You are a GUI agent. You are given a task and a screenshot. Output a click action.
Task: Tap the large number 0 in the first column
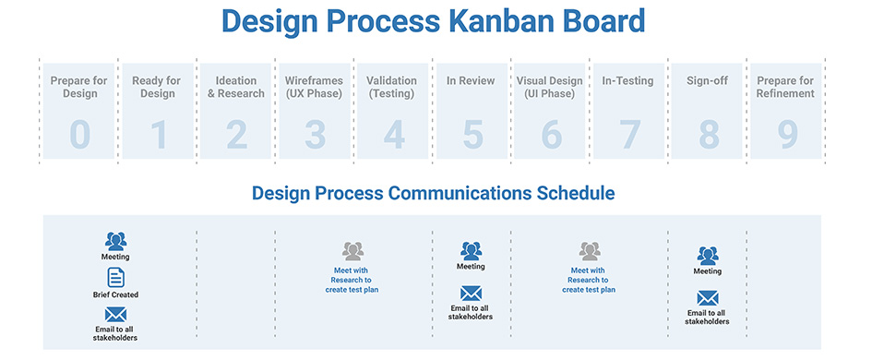(x=79, y=135)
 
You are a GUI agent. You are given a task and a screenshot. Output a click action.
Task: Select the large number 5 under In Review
(x=472, y=135)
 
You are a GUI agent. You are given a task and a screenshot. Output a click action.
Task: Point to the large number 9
(x=787, y=135)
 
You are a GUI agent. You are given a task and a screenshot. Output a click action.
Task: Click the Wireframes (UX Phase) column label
(x=315, y=88)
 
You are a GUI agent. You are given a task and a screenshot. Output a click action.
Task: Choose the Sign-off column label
(x=708, y=81)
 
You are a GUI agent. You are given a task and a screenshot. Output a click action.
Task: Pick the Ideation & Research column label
(x=236, y=88)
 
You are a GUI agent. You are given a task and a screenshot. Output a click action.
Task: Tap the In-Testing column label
(x=627, y=81)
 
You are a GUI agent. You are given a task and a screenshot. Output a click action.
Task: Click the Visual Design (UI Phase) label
(x=549, y=88)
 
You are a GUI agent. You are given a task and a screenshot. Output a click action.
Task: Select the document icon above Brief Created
(x=115, y=277)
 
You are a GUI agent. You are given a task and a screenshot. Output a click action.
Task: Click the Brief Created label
(x=115, y=294)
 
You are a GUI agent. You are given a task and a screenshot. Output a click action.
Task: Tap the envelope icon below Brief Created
(x=115, y=315)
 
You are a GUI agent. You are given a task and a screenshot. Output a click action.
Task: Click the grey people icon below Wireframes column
(x=353, y=251)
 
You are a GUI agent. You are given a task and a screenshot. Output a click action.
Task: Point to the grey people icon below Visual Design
(x=590, y=251)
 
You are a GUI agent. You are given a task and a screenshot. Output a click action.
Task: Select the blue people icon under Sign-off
(x=708, y=256)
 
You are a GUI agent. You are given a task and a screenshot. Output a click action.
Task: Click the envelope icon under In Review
(x=471, y=294)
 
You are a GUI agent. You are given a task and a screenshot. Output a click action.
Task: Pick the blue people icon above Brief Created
(x=115, y=242)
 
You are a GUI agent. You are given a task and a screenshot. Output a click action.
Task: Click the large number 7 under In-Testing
(x=630, y=135)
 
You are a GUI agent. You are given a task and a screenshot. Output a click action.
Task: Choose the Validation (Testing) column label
(x=391, y=88)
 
